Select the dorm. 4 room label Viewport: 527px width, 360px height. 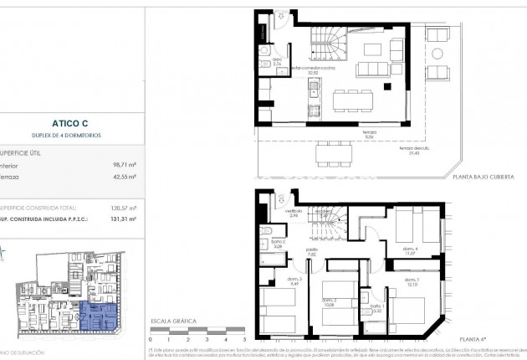(410, 250)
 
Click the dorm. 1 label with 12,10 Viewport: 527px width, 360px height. (409, 283)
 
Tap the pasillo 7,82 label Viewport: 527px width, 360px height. (312, 252)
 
